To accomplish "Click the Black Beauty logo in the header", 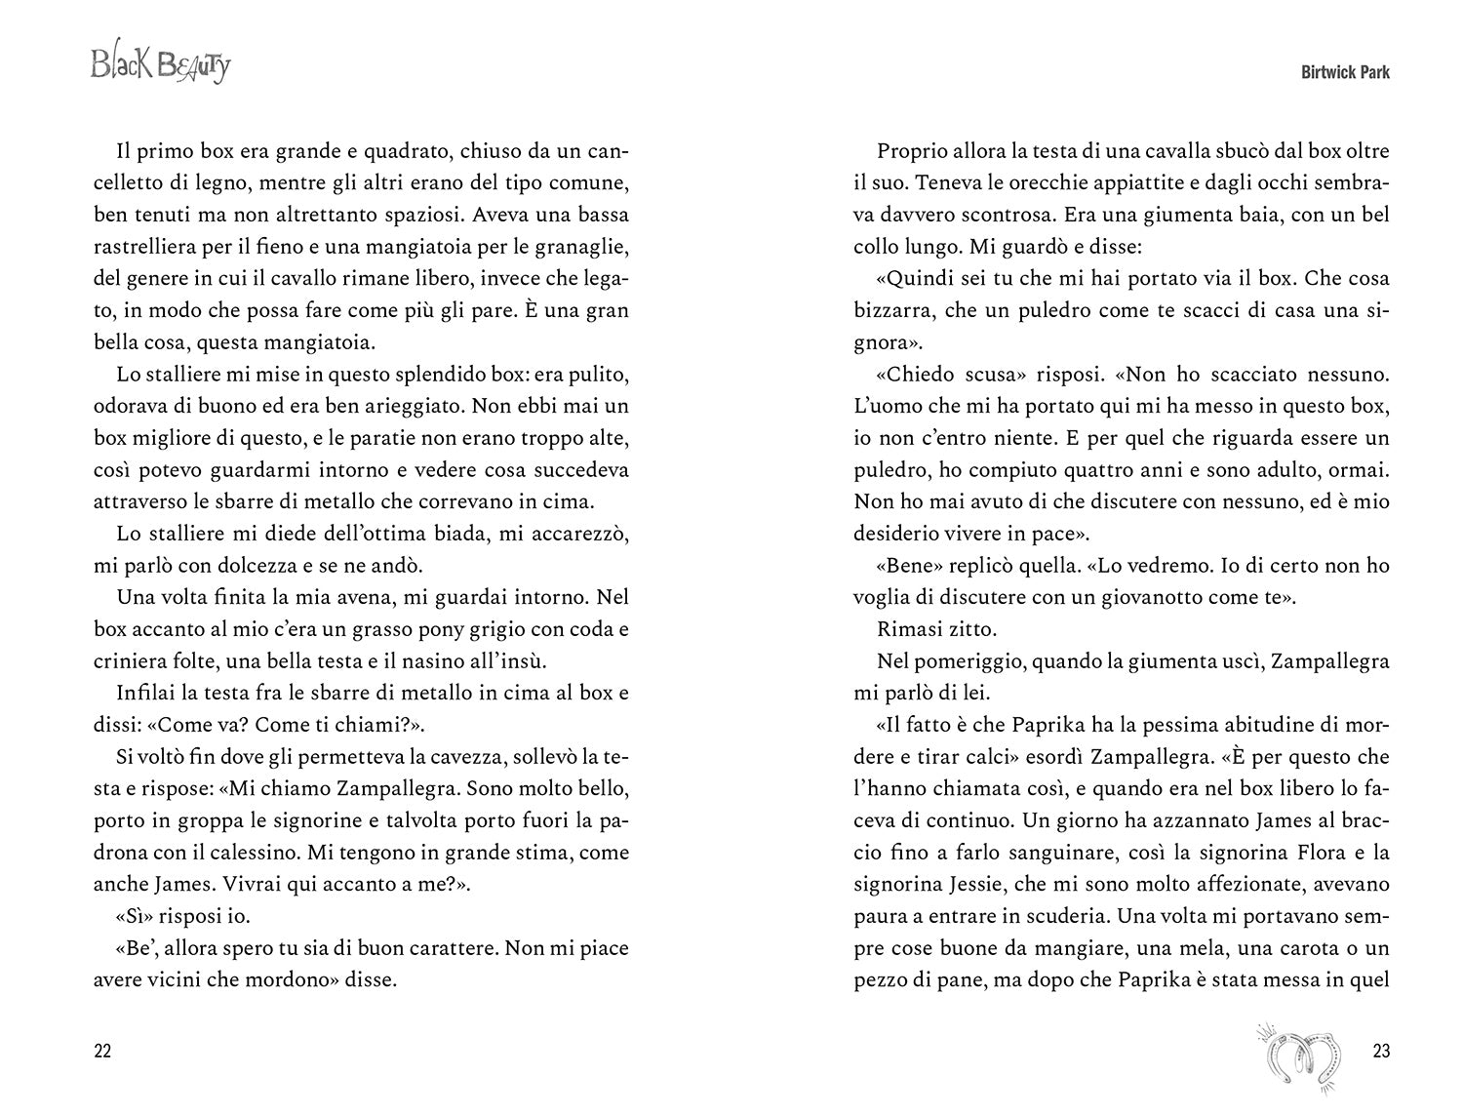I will pos(161,66).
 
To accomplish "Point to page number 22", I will pos(102,1051).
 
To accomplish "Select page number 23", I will pos(1380,1051).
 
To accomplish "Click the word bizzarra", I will pos(893,311).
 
